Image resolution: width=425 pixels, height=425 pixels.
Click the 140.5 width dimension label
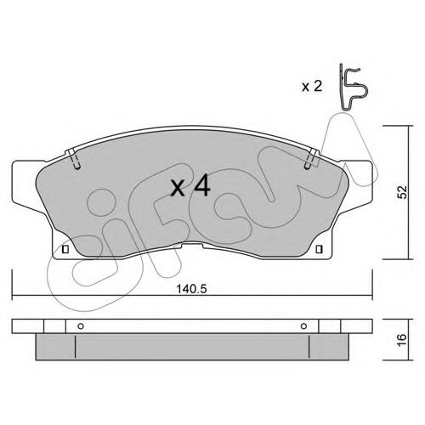tap(192, 289)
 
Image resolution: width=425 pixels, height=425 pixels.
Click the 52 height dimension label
tap(402, 192)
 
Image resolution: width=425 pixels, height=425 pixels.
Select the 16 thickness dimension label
tap(402, 339)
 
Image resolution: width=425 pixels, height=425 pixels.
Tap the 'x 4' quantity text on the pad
tap(190, 186)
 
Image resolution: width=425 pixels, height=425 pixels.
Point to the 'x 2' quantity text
tap(312, 87)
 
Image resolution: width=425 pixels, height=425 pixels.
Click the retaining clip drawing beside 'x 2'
tap(351, 88)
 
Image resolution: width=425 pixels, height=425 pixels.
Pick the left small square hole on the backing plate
tap(65, 249)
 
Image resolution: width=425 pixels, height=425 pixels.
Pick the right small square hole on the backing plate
tap(319, 249)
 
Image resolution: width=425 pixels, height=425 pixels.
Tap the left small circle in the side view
tap(81, 326)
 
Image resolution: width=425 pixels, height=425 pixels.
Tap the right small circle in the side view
tap(303, 326)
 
